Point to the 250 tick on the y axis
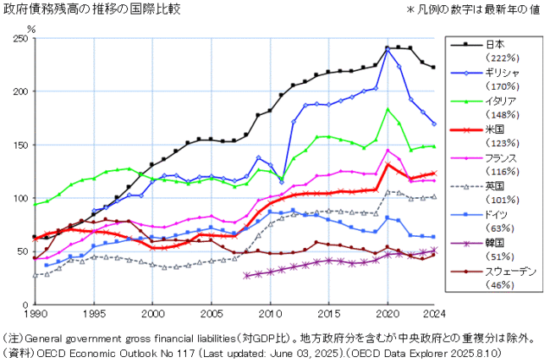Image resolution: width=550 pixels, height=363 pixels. pos(19,39)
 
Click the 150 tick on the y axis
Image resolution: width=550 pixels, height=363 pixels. pos(19,146)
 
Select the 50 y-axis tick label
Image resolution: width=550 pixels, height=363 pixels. pos(21,252)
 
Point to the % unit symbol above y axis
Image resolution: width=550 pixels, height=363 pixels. pos(31,27)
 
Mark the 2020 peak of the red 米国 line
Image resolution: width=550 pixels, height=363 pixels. pos(387,164)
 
